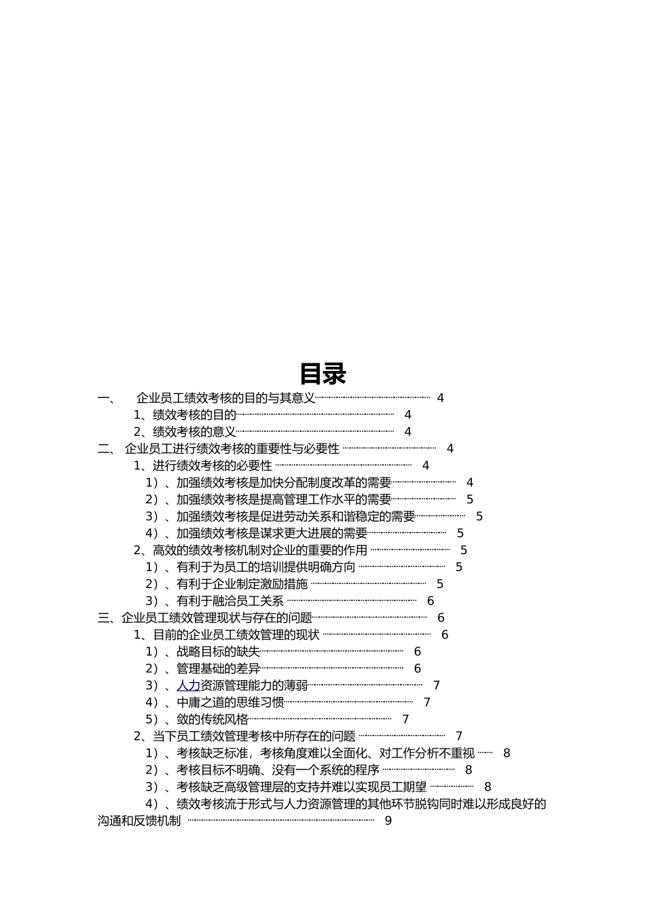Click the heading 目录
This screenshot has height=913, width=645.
click(x=322, y=374)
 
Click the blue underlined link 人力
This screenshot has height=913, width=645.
click(x=188, y=685)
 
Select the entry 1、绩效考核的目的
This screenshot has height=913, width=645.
click(x=185, y=415)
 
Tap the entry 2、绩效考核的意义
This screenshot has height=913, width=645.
click(x=185, y=432)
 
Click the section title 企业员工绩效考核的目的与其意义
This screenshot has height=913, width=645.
click(x=226, y=398)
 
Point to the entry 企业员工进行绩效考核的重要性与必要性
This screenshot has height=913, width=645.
click(x=232, y=449)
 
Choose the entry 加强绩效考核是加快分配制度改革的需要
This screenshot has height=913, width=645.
click(x=284, y=483)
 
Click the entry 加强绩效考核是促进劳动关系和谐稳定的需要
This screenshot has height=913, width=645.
click(x=295, y=516)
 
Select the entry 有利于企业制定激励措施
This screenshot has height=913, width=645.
click(x=242, y=584)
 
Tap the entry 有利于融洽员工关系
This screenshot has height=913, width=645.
click(x=230, y=601)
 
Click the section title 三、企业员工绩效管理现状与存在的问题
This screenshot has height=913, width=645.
click(x=205, y=618)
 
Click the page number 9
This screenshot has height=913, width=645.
click(x=388, y=821)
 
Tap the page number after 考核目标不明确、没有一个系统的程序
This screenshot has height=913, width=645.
click(x=468, y=770)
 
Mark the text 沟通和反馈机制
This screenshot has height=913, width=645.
click(x=139, y=821)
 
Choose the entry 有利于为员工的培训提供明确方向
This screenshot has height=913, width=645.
click(x=265, y=567)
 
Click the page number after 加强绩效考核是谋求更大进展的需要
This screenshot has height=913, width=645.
click(x=460, y=534)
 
